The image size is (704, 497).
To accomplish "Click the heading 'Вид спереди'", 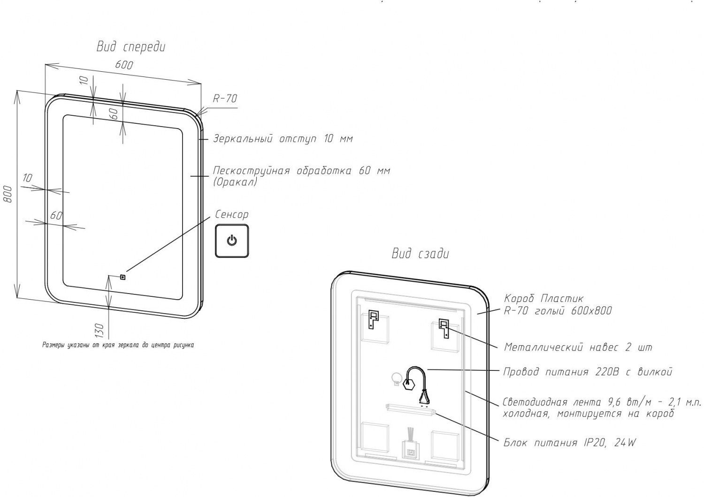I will click(x=131, y=47).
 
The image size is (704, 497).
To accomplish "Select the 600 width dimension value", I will click(x=124, y=65).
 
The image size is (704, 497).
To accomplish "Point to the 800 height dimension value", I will click(x=8, y=193).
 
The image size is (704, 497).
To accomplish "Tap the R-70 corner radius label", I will click(x=225, y=98).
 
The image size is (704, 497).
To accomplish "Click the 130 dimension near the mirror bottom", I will click(x=99, y=330).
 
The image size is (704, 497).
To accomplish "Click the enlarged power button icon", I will click(x=231, y=241).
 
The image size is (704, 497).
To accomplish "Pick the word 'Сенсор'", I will click(x=231, y=215).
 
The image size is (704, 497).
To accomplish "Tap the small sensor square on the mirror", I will click(x=123, y=277).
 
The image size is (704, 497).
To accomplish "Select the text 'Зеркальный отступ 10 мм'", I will click(x=283, y=139).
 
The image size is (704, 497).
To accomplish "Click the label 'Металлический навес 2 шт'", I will click(x=578, y=347).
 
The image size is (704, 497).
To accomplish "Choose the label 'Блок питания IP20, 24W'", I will click(x=569, y=443).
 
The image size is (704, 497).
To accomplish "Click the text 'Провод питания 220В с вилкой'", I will click(x=588, y=372).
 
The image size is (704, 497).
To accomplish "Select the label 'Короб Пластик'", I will click(x=543, y=298).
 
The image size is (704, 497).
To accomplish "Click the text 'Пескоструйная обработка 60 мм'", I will click(x=301, y=171).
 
